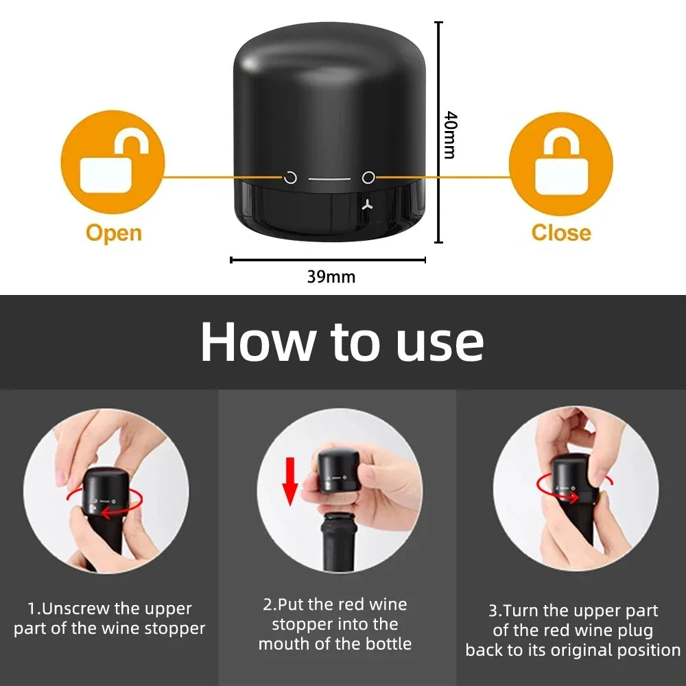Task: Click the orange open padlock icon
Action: click(x=113, y=163)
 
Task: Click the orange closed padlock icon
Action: click(x=560, y=163)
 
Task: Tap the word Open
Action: click(x=113, y=233)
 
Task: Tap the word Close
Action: click(x=560, y=233)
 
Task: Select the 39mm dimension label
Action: click(x=331, y=277)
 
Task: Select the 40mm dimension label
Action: click(x=449, y=134)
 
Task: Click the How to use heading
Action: click(x=342, y=341)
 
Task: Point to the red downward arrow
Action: click(x=291, y=481)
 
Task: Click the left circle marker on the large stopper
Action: click(x=290, y=178)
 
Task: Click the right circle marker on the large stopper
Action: click(x=368, y=178)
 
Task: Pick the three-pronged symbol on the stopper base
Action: click(x=368, y=204)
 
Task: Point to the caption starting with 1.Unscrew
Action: click(x=110, y=618)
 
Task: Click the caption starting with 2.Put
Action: click(x=335, y=624)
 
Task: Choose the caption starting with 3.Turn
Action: click(x=573, y=630)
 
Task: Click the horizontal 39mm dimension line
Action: click(x=328, y=260)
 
